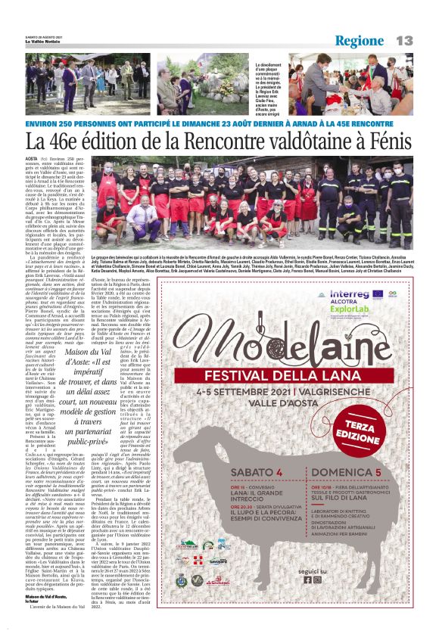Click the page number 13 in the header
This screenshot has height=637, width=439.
click(x=404, y=39)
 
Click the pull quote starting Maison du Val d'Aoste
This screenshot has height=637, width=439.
click(x=91, y=393)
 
